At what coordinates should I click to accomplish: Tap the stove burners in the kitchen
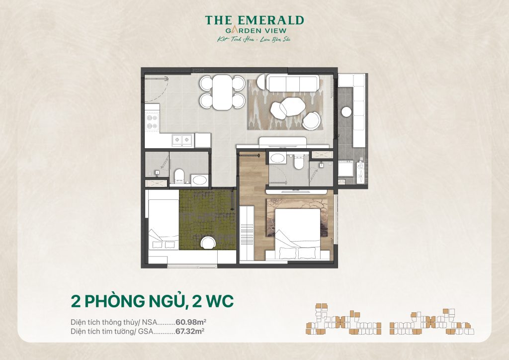[x=151, y=122]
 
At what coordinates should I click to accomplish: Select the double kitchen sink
[x=182, y=140]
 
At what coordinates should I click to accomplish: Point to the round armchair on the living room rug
[x=312, y=120]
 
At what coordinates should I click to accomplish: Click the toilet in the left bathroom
[x=180, y=175]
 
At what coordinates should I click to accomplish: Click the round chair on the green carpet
[x=207, y=242]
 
